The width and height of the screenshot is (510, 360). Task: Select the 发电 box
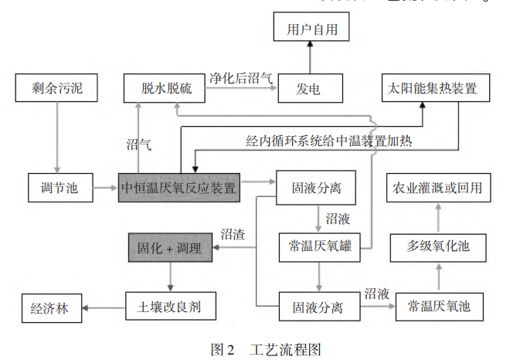[x=309, y=89]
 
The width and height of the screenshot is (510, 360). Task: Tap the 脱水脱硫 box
[x=163, y=89]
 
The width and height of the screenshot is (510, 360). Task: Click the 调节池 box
[x=55, y=186]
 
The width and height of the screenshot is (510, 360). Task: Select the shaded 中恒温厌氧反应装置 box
[x=178, y=186]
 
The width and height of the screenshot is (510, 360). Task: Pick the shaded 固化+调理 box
[x=170, y=248]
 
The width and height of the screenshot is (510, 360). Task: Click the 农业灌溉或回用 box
[x=437, y=188]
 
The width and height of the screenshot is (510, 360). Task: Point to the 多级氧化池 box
[x=437, y=248]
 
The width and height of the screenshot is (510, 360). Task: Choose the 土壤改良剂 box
[x=169, y=307]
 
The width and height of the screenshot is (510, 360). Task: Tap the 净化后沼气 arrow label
[x=240, y=78]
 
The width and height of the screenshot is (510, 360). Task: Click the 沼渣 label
[x=233, y=233]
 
